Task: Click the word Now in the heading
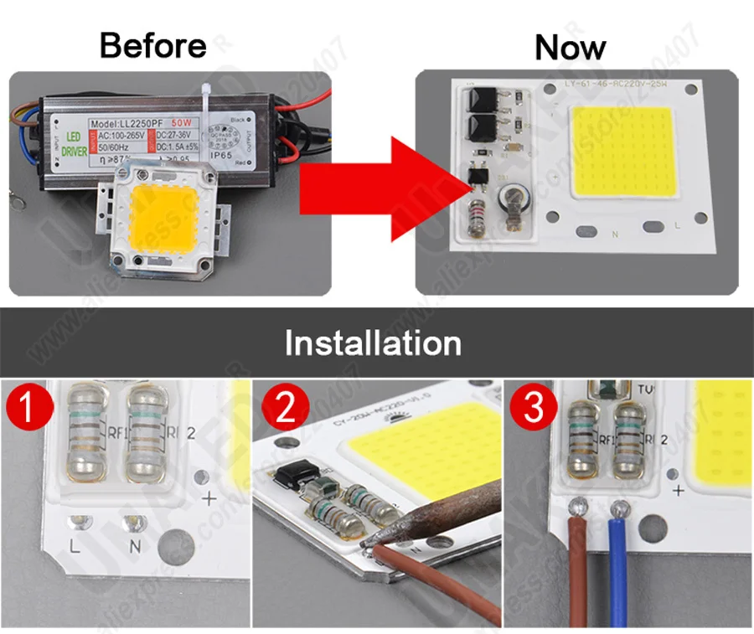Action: [x=570, y=47]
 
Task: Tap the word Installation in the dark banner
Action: [x=373, y=343]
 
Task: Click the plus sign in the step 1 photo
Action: [x=209, y=498]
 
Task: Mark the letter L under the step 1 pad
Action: [x=75, y=549]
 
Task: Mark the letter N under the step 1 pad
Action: [x=132, y=549]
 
